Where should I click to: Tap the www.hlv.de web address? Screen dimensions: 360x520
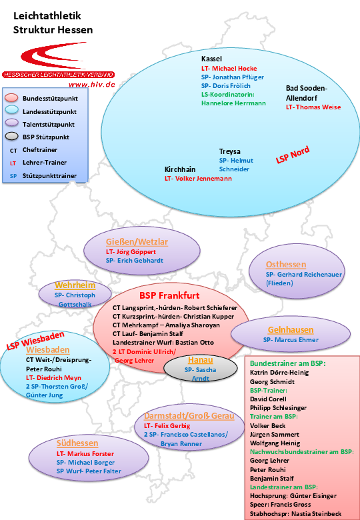tap(92, 85)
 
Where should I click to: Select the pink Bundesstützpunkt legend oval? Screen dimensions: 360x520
tap(11, 98)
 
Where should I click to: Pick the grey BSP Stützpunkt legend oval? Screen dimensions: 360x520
tap(11, 136)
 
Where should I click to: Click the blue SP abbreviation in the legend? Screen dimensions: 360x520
tap(13, 176)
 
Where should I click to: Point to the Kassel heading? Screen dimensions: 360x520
tap(211, 59)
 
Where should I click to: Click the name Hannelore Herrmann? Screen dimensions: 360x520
tap(233, 103)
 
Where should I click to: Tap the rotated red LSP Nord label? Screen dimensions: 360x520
tap(293, 155)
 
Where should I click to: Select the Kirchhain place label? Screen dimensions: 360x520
tap(180, 169)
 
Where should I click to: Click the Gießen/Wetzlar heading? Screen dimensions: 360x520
tap(137, 242)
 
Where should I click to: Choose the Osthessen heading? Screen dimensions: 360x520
tap(286, 264)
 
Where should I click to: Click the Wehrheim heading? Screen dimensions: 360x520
tap(75, 285)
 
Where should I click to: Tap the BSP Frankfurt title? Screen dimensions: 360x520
tap(169, 295)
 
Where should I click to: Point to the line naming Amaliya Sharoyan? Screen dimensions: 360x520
tap(166, 325)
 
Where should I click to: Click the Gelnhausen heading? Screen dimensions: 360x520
tap(291, 330)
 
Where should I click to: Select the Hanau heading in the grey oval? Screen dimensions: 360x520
tap(200, 360)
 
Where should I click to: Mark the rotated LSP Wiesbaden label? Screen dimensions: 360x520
tap(35, 341)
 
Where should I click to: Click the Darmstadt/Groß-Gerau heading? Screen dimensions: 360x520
tap(189, 416)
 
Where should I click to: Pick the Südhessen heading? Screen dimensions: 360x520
tap(77, 443)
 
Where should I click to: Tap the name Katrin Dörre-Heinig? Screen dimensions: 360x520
tap(279, 373)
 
